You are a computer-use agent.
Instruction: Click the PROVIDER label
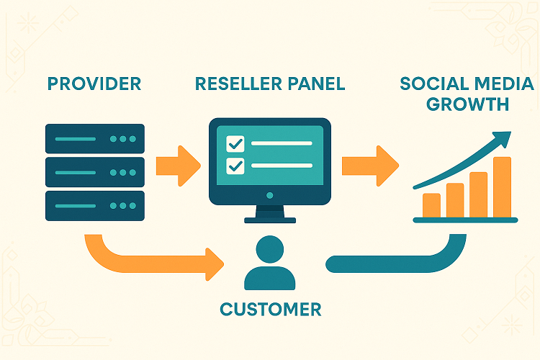click(x=94, y=84)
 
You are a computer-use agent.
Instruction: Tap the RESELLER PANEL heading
click(x=270, y=84)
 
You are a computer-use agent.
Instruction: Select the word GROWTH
click(x=467, y=104)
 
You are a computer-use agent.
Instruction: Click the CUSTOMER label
click(x=270, y=310)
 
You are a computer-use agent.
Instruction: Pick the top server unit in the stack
click(x=94, y=138)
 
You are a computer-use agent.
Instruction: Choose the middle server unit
click(x=94, y=172)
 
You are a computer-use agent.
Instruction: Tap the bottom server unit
click(x=94, y=206)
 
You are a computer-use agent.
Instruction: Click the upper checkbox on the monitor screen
click(x=235, y=143)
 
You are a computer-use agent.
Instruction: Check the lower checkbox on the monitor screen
click(x=235, y=166)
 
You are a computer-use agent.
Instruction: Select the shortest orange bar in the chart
click(x=432, y=204)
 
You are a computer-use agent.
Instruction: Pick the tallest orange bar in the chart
click(x=502, y=186)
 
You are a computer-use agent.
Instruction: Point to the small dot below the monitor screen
click(x=269, y=194)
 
